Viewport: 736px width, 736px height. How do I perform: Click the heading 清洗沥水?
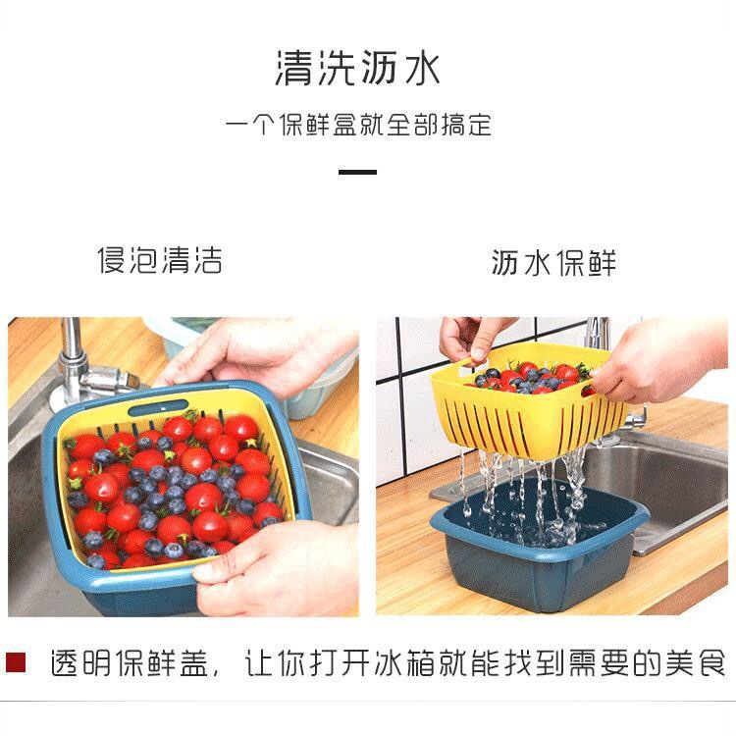click(357, 69)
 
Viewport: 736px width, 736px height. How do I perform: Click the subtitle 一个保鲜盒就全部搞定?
click(358, 126)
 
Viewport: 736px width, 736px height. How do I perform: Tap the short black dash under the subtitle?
click(357, 172)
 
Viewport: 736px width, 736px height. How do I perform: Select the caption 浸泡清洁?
click(159, 260)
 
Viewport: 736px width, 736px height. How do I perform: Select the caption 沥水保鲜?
click(554, 263)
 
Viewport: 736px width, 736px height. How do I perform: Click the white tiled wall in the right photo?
click(412, 393)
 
